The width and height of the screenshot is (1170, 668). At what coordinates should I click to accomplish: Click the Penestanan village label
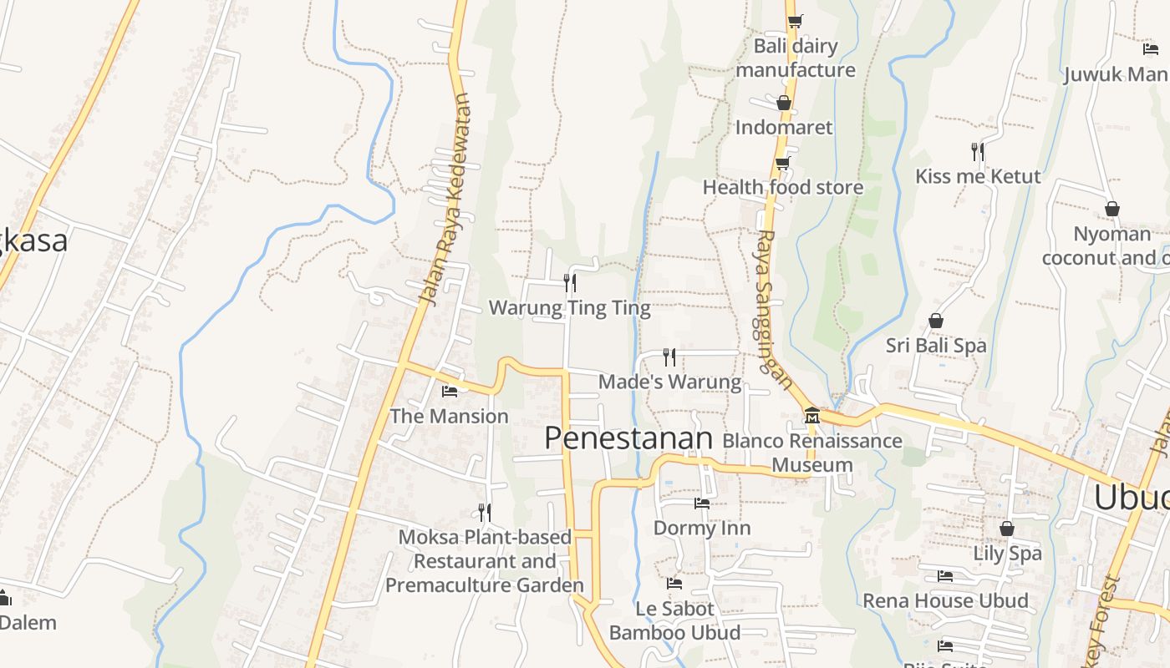pos(628,438)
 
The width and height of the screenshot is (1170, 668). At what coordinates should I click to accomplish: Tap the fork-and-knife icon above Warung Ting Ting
pos(570,282)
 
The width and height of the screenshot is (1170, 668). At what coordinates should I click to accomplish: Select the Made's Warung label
pos(669,382)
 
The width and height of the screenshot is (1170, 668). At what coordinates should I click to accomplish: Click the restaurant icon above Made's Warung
pos(669,357)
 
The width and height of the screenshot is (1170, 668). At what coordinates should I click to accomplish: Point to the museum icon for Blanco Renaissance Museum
pos(811,414)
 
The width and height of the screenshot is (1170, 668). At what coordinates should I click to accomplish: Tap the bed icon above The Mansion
pos(450,391)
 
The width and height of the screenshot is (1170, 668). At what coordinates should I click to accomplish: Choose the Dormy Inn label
pos(702,528)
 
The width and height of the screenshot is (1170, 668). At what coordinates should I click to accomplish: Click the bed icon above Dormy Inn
pos(702,504)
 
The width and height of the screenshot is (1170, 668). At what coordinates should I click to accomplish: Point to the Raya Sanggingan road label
pos(774,309)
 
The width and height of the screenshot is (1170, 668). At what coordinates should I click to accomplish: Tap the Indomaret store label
pos(784,127)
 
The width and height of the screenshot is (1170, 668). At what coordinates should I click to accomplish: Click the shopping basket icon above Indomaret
pos(784,103)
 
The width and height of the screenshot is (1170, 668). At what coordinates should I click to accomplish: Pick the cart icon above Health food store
pos(783,163)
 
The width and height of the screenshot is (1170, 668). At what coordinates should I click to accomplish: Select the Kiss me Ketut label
pos(978,176)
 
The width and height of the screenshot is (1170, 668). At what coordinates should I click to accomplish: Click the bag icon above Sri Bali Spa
pos(936,321)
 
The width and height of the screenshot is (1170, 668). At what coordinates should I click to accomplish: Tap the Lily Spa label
pos(1007,553)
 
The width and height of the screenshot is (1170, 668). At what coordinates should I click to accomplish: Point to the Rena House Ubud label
pos(945,600)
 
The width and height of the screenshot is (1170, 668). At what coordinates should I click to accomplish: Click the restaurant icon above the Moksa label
pos(485,512)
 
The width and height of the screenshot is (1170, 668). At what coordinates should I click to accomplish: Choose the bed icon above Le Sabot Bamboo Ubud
pos(674,584)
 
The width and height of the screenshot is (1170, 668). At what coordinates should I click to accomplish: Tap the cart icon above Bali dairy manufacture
pos(795,21)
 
